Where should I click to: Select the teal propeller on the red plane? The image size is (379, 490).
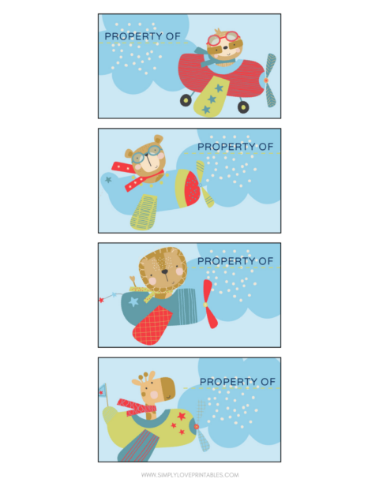tap(270, 80)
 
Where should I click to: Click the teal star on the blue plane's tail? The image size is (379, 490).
tap(108, 180)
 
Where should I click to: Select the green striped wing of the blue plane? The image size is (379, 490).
tap(145, 211)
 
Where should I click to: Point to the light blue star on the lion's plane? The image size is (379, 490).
tap(134, 301)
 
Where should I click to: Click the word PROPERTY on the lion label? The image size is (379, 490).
tap(228, 261)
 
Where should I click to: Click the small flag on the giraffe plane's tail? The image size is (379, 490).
tap(103, 389)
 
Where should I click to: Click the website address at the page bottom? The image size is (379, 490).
tap(189, 475)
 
